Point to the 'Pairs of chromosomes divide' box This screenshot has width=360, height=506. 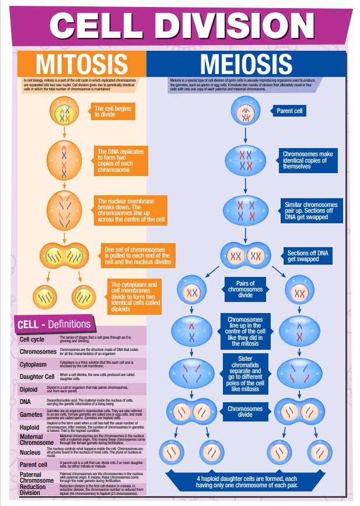tap(245, 289)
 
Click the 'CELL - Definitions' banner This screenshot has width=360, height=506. tap(54, 324)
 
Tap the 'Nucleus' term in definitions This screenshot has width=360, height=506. tap(30, 452)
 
